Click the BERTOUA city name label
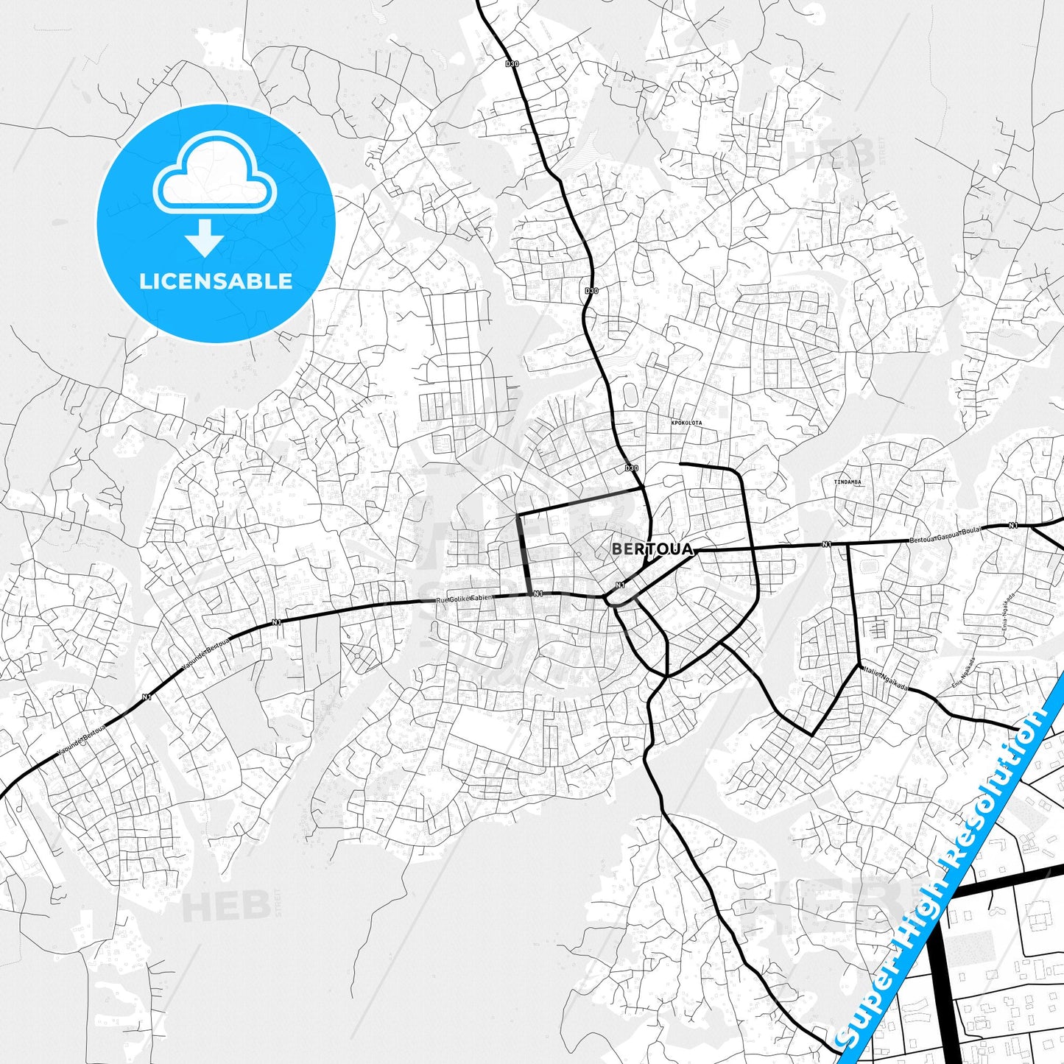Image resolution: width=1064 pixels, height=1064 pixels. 652,549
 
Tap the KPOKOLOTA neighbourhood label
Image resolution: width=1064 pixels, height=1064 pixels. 686,423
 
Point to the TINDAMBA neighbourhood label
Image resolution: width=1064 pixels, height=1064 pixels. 847,482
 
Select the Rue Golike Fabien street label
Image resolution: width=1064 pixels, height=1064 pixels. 463,599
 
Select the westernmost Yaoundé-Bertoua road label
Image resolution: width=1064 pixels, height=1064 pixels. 81,741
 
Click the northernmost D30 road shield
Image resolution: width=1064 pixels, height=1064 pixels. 512,64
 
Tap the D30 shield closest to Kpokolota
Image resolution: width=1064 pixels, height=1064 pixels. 631,468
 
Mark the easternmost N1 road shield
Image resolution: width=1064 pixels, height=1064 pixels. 1013,525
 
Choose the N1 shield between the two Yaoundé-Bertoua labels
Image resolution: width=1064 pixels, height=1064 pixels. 146,697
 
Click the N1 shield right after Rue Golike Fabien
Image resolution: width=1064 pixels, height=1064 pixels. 538,593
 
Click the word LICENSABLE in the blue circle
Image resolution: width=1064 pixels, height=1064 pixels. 216,281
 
